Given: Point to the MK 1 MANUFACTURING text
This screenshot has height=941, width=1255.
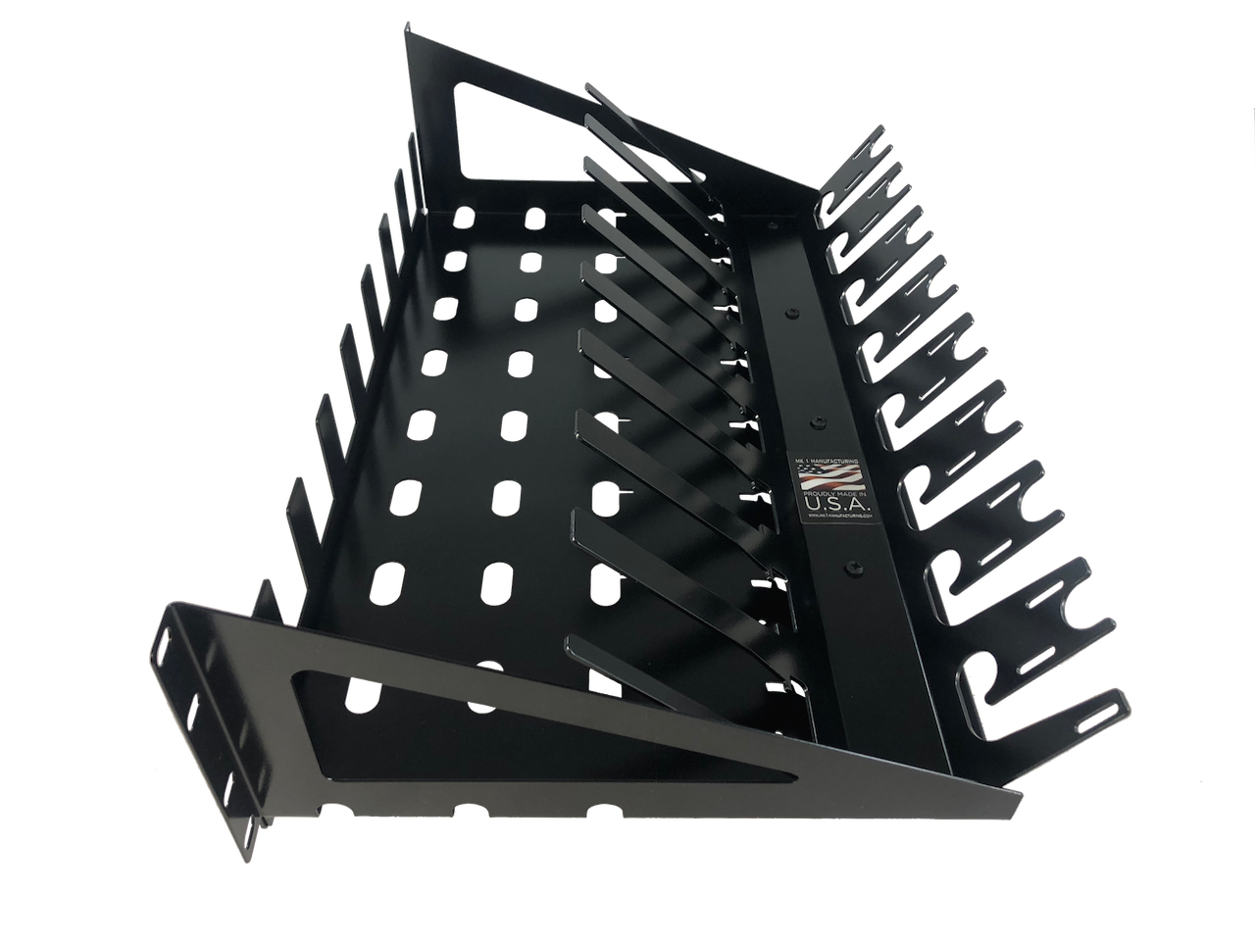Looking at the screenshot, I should (x=833, y=459).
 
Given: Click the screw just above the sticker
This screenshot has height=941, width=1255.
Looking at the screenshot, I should (x=818, y=421).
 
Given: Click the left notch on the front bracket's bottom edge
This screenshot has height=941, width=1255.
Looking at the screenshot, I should (x=487, y=811).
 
